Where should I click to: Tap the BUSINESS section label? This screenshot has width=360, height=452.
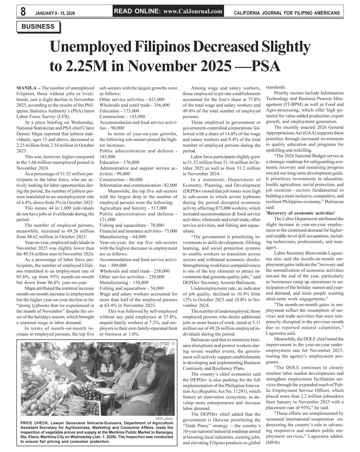click(38, 26)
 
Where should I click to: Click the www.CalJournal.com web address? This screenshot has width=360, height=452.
click(193, 11)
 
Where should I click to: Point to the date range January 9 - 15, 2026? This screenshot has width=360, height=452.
click(55, 13)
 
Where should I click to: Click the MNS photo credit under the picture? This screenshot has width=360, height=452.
click(166, 419)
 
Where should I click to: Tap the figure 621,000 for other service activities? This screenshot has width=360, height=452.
click(154, 99)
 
